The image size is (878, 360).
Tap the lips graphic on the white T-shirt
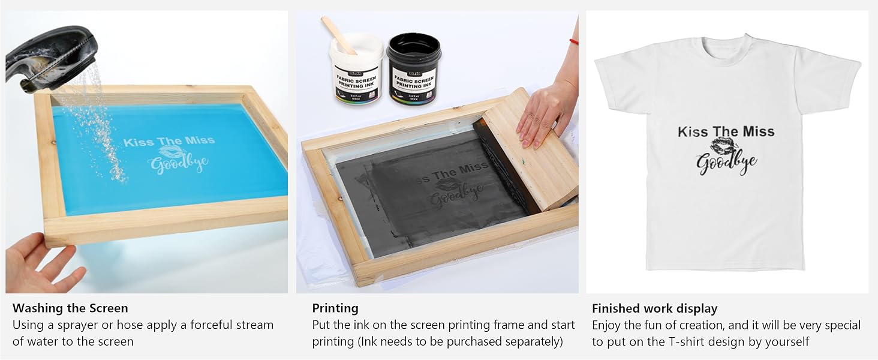(725, 146)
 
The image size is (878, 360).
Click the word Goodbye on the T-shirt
(726, 163)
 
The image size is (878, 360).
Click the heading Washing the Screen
(70, 308)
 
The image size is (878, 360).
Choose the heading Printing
(335, 308)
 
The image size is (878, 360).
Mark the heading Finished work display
(654, 308)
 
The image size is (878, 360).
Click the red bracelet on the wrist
(574, 41)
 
